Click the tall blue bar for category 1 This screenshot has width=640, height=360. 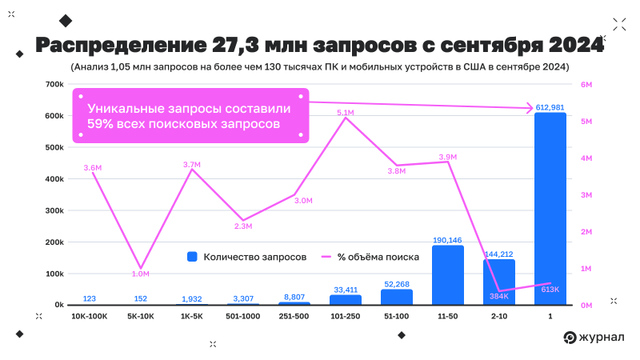[550, 208]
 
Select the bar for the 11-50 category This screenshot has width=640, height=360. [447, 275]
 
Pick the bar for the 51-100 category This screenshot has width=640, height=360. [396, 297]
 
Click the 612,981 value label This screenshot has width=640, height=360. [550, 107]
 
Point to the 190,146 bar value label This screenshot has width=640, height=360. [447, 240]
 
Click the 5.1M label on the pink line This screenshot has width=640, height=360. [346, 113]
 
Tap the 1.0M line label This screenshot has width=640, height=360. [141, 274]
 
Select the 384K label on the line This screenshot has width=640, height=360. [499, 295]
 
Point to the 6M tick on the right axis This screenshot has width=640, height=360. [585, 84]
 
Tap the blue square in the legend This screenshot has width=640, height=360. [192, 257]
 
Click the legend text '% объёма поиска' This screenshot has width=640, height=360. [378, 257]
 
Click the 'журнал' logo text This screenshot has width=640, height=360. [603, 337]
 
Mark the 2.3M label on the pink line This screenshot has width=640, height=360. [243, 226]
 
